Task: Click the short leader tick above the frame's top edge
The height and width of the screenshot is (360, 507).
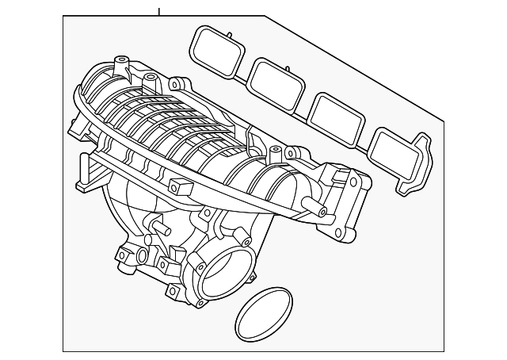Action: click(159, 11)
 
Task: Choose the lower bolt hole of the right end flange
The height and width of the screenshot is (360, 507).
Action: click(341, 233)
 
